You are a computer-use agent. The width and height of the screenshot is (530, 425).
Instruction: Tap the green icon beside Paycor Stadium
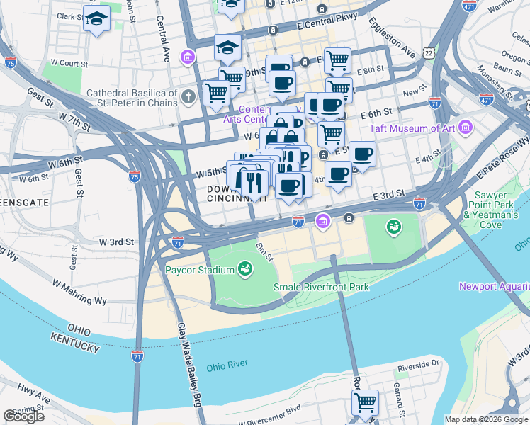[x=244, y=269]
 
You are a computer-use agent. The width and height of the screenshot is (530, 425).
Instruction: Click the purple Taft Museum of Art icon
[x=466, y=127]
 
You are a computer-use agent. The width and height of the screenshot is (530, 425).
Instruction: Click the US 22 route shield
[x=427, y=53]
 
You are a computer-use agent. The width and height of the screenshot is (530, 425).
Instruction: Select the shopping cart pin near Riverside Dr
[x=365, y=402]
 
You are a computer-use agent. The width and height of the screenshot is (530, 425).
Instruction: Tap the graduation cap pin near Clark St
[x=96, y=19]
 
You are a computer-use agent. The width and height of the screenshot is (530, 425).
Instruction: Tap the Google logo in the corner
[x=24, y=416]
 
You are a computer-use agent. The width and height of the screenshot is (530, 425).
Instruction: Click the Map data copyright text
[x=486, y=419]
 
